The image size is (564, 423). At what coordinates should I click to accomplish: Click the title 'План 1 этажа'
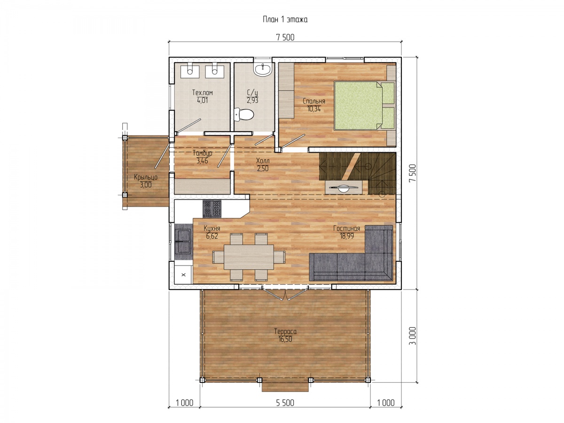pyautogui.click(x=285, y=20)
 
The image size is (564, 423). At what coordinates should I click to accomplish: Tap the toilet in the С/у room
pyautogui.click(x=243, y=115)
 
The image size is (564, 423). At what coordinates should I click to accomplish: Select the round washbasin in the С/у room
pyautogui.click(x=262, y=69)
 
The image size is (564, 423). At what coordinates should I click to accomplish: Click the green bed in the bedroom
pyautogui.click(x=364, y=105)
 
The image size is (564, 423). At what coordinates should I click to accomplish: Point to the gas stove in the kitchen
pyautogui.click(x=211, y=209)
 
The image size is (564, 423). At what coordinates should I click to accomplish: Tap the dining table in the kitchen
pyautogui.click(x=249, y=257)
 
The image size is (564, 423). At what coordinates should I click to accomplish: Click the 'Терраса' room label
pyautogui.click(x=285, y=331)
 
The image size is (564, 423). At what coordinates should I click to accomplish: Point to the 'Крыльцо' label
pyautogui.click(x=146, y=177)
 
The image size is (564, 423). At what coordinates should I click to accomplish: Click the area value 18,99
pyautogui.click(x=346, y=236)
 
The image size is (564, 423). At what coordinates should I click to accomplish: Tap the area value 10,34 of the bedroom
pyautogui.click(x=314, y=109)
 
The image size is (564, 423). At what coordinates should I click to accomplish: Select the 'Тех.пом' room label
pyautogui.click(x=203, y=93)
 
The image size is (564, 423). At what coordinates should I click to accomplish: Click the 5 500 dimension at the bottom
pyautogui.click(x=285, y=403)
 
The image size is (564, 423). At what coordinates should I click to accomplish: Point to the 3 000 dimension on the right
pyautogui.click(x=412, y=336)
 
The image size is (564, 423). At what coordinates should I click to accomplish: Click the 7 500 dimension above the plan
pyautogui.click(x=285, y=38)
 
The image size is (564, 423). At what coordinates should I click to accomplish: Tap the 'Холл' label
pyautogui.click(x=263, y=161)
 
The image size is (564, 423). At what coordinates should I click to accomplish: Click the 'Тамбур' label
pyautogui.click(x=203, y=153)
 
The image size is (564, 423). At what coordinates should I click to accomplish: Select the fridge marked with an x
pyautogui.click(x=183, y=274)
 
